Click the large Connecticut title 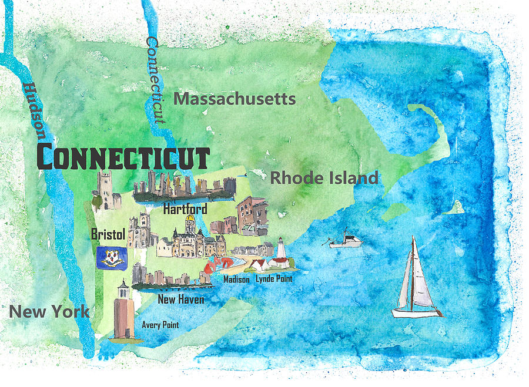coord(123,158)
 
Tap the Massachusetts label coord(235,99)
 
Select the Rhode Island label coord(324,178)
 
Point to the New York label coord(49,312)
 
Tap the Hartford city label coord(185,209)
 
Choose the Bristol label coord(108,234)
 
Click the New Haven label coord(181,299)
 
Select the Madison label coord(236,280)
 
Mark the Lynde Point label coord(274,279)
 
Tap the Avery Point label coord(160,324)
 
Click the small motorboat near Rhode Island coord(346,241)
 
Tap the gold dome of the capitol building coord(189,223)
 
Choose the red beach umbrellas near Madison coord(219,263)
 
